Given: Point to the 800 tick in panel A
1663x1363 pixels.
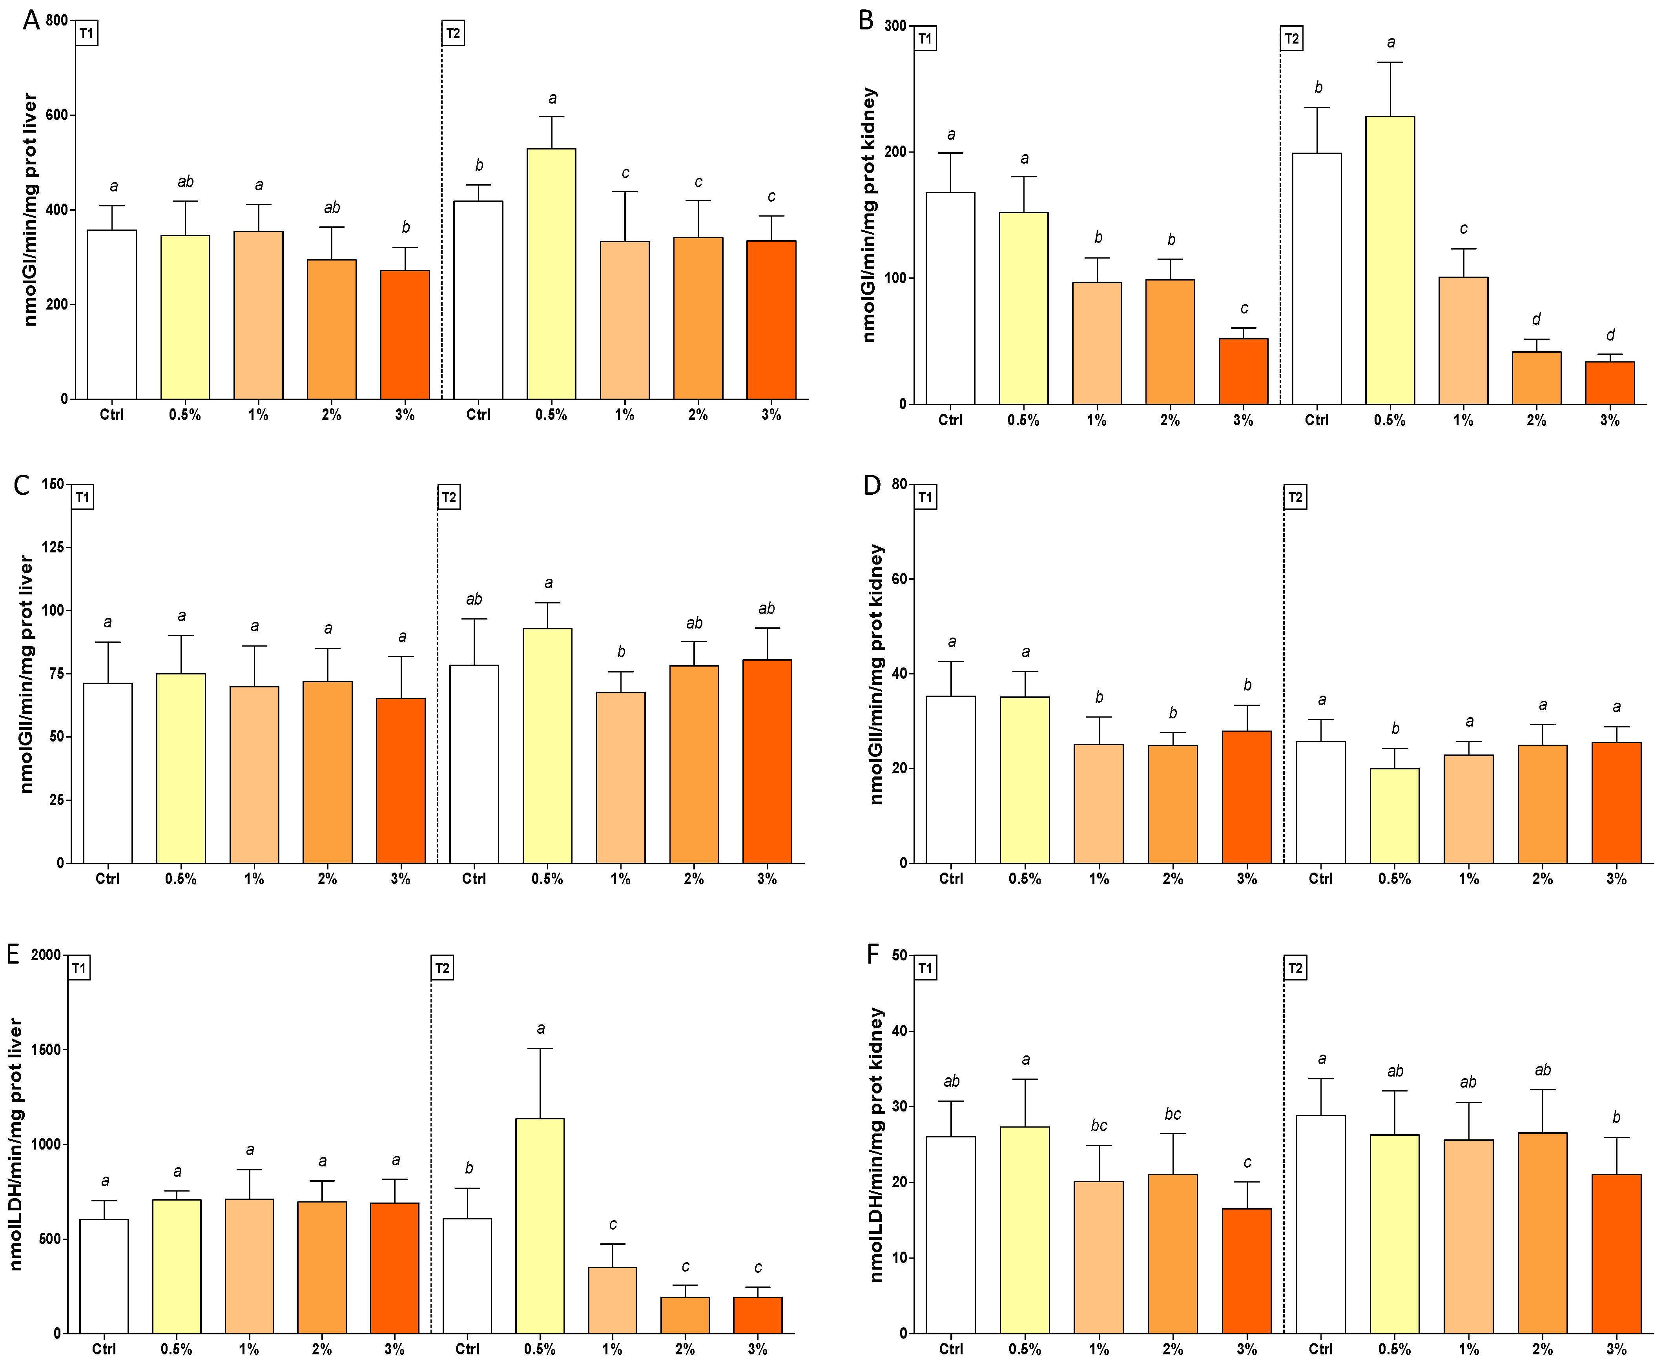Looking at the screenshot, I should (57, 20).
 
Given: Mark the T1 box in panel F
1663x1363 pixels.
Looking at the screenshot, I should (925, 968).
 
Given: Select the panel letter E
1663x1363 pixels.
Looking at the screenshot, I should (13, 954).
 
